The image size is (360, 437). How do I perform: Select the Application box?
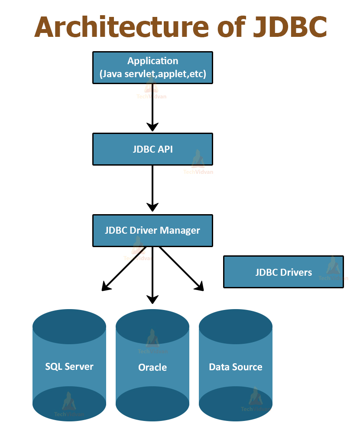[x=152, y=68]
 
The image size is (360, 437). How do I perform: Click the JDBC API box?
[x=152, y=149]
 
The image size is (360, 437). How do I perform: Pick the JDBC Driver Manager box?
[x=152, y=230]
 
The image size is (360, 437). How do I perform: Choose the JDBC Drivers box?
[x=283, y=272]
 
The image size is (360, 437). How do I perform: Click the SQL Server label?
[x=69, y=366]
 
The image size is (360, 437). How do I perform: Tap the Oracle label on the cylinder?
[x=152, y=367]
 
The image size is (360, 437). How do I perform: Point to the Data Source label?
[x=236, y=367]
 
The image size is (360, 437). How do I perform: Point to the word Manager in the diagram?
[x=180, y=230]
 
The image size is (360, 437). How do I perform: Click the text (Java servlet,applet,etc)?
[x=152, y=74]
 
